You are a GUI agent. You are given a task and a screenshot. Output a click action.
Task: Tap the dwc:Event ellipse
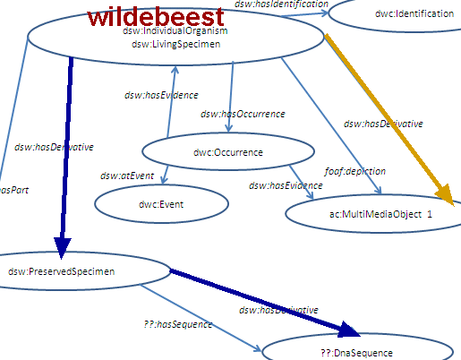pyautogui.click(x=161, y=204)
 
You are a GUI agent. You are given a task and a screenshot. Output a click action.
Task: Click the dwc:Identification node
pyautogui.click(x=399, y=12)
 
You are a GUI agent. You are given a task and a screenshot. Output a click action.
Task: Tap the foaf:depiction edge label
pyautogui.click(x=354, y=170)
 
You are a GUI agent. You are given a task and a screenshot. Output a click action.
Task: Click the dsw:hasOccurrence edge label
pyautogui.click(x=243, y=114)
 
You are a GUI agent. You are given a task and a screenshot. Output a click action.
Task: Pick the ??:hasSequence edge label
pyautogui.click(x=177, y=325)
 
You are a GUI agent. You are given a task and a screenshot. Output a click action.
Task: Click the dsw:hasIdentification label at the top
pyautogui.click(x=281, y=4)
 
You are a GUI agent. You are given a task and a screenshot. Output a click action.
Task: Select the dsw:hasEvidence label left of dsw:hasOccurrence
pyautogui.click(x=161, y=95)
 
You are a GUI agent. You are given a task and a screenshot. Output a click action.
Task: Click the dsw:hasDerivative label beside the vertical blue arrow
pyautogui.click(x=54, y=146)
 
